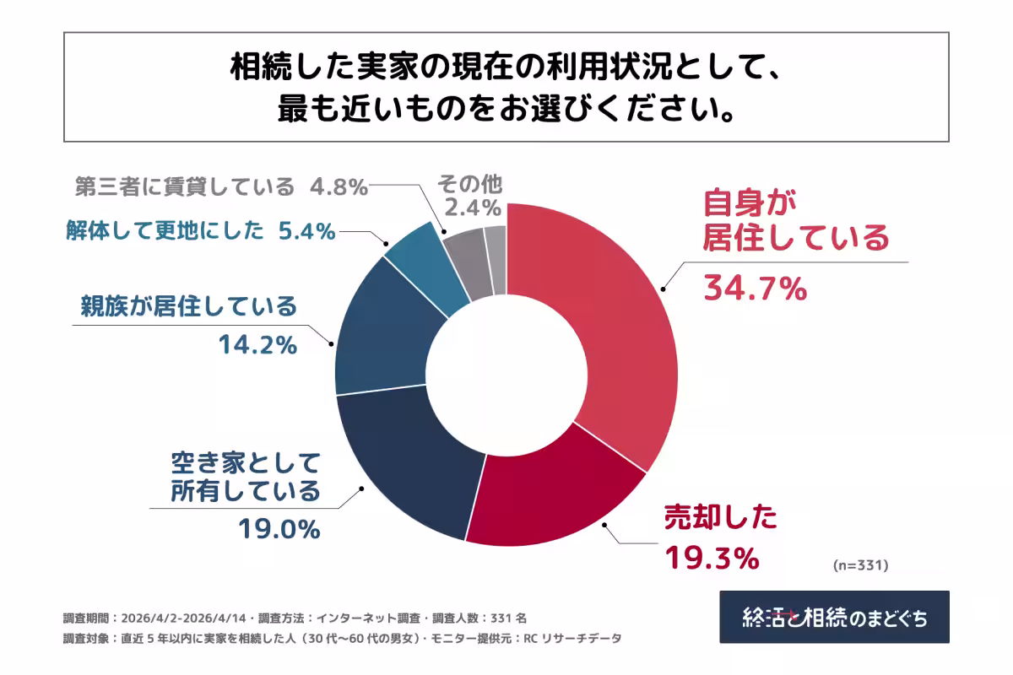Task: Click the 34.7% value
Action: point(756,289)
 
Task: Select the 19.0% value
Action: point(279,529)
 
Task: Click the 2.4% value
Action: point(474,207)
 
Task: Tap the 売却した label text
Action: point(720,517)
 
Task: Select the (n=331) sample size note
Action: point(860,563)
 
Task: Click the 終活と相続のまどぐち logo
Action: point(834,617)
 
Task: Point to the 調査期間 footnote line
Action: point(296,617)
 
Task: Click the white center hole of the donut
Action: point(506,375)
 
